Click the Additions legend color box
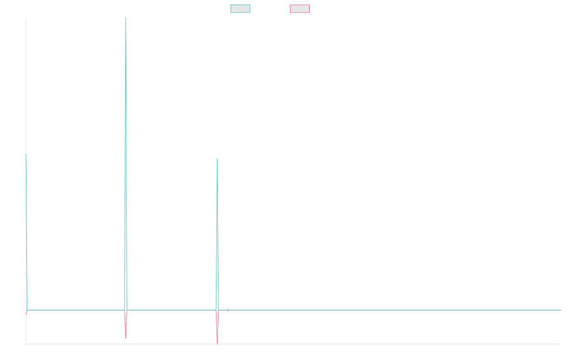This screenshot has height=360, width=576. (240, 9)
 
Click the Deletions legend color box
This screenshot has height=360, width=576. (300, 9)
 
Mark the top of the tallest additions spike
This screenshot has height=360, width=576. (126, 18)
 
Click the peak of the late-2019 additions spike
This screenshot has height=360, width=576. (217, 159)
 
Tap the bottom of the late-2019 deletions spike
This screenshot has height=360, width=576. (217, 343)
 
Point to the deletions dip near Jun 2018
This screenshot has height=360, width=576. (126, 339)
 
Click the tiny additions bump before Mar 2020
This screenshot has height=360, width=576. (228, 309)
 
